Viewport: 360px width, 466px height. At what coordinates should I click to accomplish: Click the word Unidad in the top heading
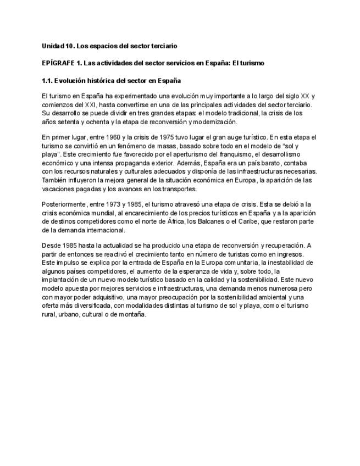click(53, 45)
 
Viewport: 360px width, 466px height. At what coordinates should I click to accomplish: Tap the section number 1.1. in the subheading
click(48, 81)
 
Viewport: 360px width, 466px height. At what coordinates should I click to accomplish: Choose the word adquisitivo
click(107, 297)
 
